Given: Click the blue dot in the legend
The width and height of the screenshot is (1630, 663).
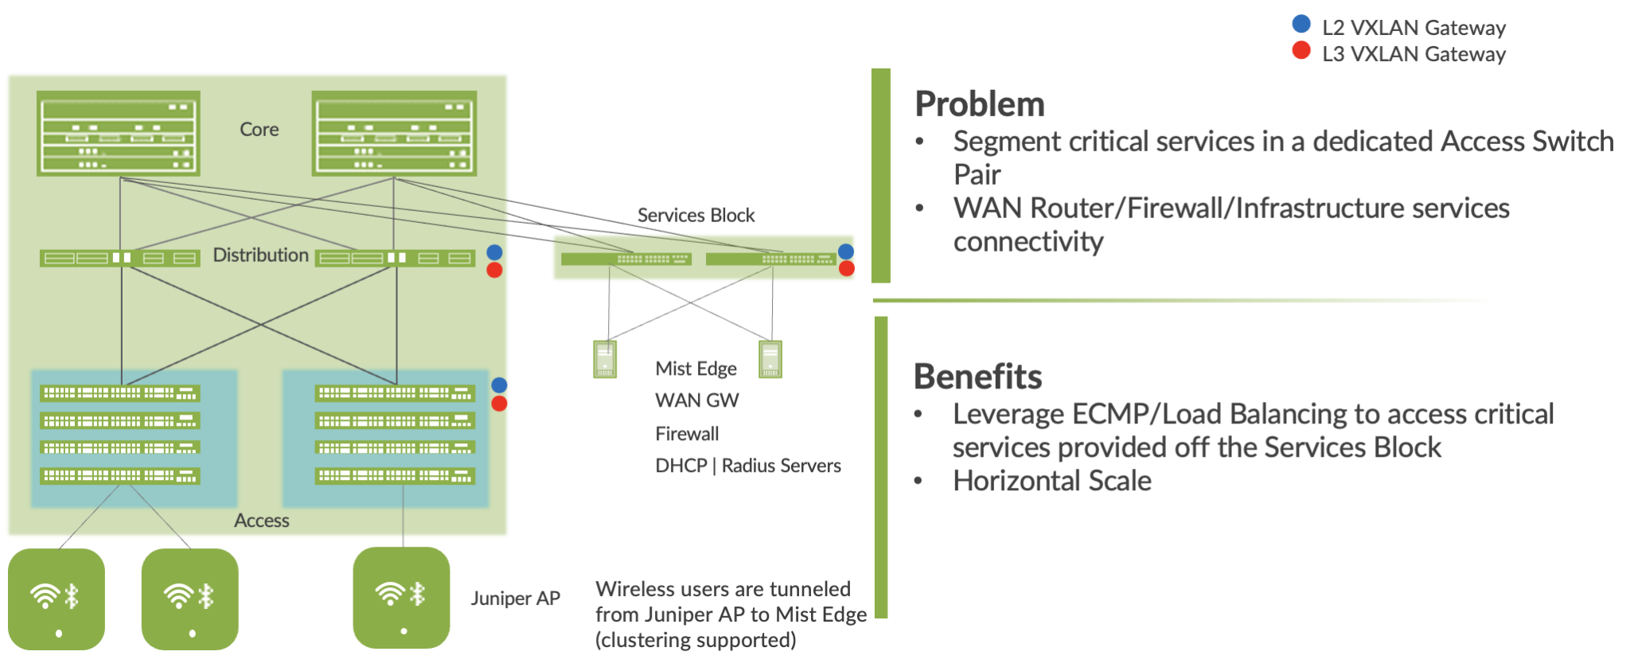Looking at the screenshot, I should (x=1301, y=24).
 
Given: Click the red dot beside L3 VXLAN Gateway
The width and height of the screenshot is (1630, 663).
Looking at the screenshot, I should (x=1301, y=51).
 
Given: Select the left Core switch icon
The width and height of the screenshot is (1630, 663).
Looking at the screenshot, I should (x=119, y=133).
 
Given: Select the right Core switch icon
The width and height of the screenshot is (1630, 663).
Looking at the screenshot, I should (x=394, y=133).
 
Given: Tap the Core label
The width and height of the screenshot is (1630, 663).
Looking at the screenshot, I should (x=259, y=130).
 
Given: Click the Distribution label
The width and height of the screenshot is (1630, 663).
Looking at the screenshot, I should (x=260, y=255).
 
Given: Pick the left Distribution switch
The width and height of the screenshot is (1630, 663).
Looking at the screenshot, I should (x=119, y=258).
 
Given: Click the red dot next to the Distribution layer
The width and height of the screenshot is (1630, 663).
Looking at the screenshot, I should (x=494, y=271).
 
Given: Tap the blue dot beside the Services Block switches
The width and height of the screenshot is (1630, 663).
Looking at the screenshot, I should (x=846, y=252).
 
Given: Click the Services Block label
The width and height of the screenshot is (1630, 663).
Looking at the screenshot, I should (x=696, y=216).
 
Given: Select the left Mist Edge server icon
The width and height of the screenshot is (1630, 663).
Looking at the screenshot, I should (x=605, y=359).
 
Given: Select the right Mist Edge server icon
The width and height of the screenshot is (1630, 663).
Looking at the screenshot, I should (x=770, y=359).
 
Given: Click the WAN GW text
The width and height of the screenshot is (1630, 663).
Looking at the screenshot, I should (x=696, y=400).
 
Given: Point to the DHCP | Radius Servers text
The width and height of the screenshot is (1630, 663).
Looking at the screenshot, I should (x=747, y=466).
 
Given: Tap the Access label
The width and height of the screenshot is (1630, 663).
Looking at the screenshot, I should (x=261, y=521).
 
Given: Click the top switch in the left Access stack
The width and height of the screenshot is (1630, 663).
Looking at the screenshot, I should (x=120, y=393).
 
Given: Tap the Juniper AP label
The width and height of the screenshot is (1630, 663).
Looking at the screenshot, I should (x=515, y=599).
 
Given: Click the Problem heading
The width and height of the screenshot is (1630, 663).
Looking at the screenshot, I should (x=979, y=104).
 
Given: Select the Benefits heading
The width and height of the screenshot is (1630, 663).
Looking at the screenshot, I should (x=977, y=376).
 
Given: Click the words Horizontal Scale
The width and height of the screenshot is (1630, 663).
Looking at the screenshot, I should (x=1051, y=481).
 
